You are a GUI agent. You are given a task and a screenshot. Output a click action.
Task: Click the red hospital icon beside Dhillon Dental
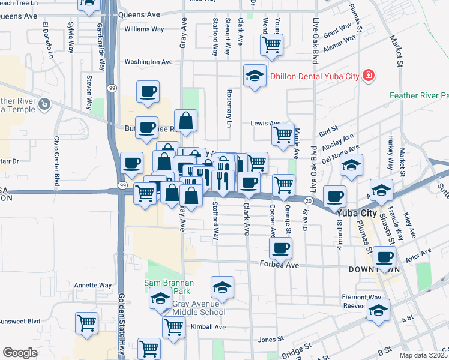click(368, 76)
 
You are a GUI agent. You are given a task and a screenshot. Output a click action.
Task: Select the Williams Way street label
click(144, 29)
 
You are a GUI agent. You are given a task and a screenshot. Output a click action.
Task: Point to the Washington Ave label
click(148, 62)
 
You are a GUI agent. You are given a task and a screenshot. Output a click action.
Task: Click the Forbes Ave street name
click(279, 265)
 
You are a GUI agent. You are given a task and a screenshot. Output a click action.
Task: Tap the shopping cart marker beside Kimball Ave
click(173, 327)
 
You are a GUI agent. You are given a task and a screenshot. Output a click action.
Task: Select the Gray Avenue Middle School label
click(199, 308)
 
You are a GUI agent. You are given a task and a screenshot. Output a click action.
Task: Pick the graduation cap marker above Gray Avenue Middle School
click(222, 288)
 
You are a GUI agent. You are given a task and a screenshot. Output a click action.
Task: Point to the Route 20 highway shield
click(309, 201)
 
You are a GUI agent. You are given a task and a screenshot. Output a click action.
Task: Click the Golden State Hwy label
click(121, 324)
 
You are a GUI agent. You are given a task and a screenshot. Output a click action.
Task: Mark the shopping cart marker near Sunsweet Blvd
click(86, 322)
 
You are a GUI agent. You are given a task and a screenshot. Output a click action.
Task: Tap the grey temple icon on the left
click(44, 106)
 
